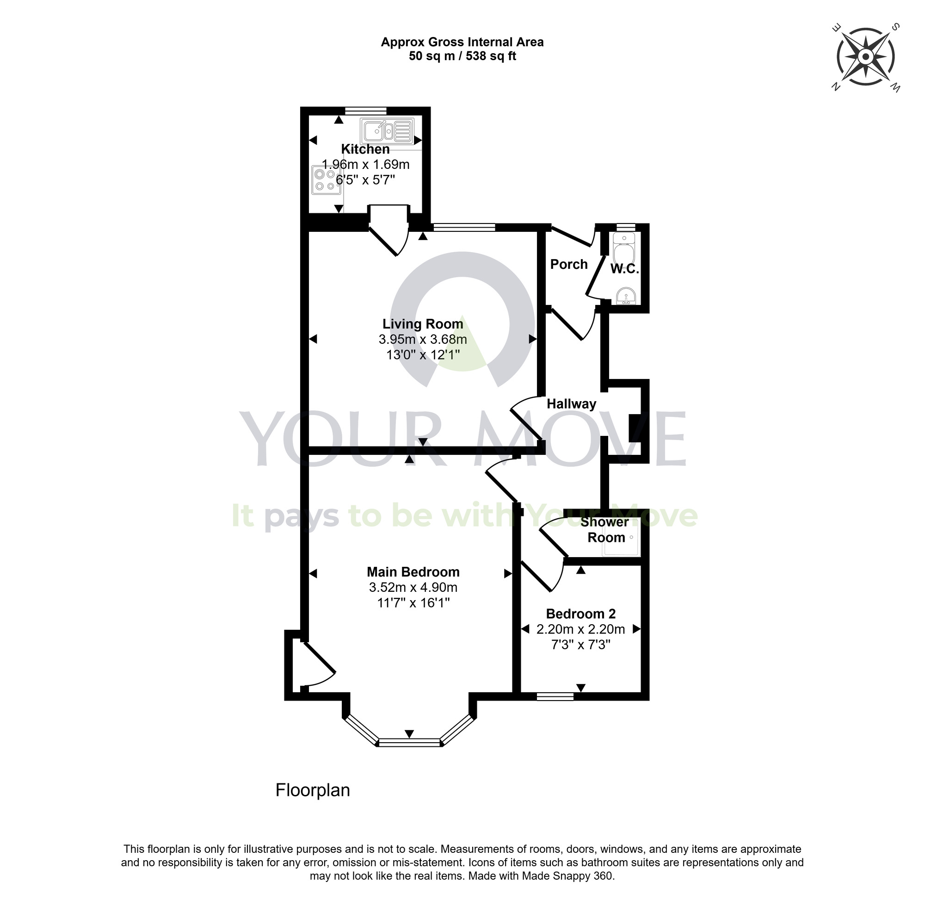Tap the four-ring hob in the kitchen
326,180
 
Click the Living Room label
422,324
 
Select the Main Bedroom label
413,572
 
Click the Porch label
569,264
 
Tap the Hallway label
571,403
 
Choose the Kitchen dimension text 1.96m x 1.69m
365,164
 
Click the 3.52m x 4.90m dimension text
413,588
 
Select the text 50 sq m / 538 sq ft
462,56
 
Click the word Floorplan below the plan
312,790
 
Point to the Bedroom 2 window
555,696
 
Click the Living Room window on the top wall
464,227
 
